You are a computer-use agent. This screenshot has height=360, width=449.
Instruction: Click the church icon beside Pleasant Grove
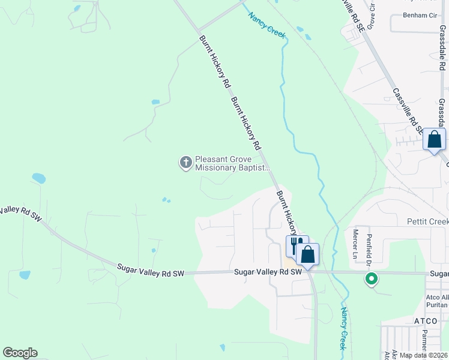(186, 163)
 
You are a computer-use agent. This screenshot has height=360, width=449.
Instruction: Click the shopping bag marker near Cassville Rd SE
(434, 140)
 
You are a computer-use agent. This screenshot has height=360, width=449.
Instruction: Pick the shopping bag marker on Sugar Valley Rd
(308, 254)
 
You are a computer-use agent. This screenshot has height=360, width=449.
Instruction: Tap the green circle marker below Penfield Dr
(372, 278)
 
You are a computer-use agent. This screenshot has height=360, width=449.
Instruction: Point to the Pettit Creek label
(428, 222)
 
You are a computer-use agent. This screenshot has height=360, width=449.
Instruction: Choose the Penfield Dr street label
(370, 250)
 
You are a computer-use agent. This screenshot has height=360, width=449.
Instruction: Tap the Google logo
(20, 353)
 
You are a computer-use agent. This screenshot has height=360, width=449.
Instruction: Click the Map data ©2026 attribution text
(423, 355)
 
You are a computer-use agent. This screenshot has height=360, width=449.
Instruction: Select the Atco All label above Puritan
(437, 296)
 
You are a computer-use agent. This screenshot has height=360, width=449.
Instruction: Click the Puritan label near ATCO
(437, 305)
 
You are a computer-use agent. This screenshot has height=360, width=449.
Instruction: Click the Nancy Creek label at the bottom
(344, 329)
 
